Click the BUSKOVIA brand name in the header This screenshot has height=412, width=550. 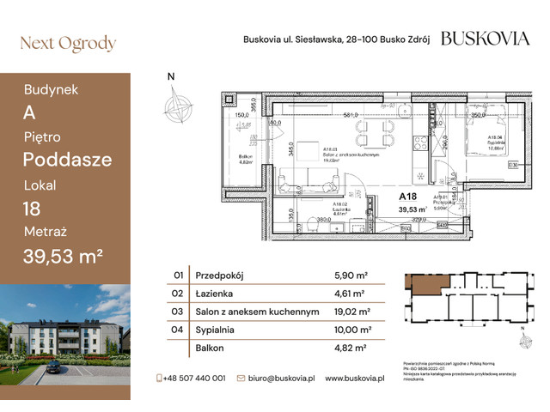click(485, 39)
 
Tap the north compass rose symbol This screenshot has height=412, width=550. click(180, 106)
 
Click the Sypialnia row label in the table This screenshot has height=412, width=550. click(220, 330)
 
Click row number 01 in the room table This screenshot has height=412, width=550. click(179, 276)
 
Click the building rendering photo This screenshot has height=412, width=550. click(65, 335)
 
